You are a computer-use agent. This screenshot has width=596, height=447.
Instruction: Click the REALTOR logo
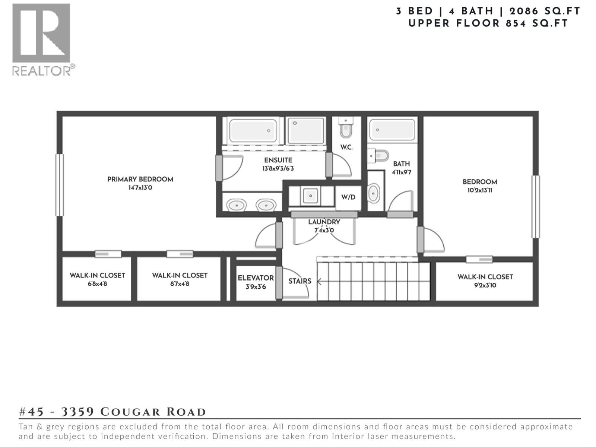point(41,39)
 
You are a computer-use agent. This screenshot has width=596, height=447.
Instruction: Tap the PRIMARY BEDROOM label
point(140,179)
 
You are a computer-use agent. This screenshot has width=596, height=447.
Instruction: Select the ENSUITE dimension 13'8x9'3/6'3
point(278,169)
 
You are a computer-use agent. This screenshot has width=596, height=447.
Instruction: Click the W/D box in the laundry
point(348,197)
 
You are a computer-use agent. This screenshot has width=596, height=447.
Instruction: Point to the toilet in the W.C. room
point(346,129)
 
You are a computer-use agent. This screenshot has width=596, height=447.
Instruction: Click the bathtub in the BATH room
point(392,130)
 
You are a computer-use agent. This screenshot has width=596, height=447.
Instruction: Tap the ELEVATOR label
point(256,278)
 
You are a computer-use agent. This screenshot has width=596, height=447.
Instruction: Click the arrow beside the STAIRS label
point(319,282)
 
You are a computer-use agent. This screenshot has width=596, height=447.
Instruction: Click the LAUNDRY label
point(324,222)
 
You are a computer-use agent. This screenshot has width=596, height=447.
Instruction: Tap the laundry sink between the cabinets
point(310,195)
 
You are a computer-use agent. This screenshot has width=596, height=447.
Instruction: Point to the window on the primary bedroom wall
point(59,185)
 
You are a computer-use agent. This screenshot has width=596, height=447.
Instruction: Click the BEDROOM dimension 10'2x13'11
point(480,190)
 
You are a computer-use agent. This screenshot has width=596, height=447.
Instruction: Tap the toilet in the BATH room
point(379,155)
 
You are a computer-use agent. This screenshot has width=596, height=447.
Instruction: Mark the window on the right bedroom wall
point(535,207)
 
